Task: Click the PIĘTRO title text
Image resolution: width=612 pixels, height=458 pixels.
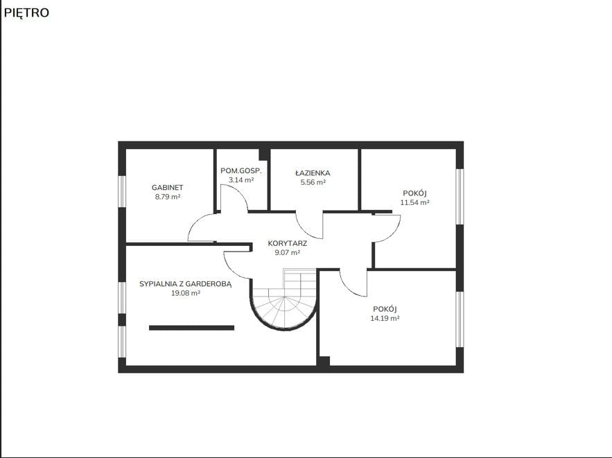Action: pyautogui.click(x=26, y=13)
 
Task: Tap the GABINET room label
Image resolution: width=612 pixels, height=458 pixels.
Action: pyautogui.click(x=168, y=188)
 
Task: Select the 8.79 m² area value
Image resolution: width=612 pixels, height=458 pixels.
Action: pyautogui.click(x=168, y=197)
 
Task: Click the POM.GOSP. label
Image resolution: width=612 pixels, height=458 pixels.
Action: pyautogui.click(x=241, y=171)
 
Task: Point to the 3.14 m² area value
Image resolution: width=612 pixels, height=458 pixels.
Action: pyautogui.click(x=241, y=180)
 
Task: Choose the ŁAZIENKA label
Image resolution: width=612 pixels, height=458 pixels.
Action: pyautogui.click(x=313, y=173)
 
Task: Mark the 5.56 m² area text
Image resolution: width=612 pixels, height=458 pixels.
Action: pyautogui.click(x=313, y=182)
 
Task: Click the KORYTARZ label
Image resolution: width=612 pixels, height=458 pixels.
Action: pyautogui.click(x=288, y=243)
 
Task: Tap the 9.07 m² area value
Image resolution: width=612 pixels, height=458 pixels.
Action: pyautogui.click(x=288, y=252)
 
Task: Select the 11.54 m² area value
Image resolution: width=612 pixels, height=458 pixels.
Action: pyautogui.click(x=415, y=202)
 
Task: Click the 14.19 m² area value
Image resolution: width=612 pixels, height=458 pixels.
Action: pyautogui.click(x=385, y=318)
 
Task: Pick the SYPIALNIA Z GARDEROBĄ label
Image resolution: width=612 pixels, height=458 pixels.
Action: pyautogui.click(x=185, y=284)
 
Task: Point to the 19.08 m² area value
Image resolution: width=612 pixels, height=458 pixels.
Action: pyautogui.click(x=186, y=293)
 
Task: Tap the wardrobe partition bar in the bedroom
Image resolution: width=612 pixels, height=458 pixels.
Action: pyautogui.click(x=192, y=328)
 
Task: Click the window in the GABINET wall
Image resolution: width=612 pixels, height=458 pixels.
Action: pyautogui.click(x=122, y=191)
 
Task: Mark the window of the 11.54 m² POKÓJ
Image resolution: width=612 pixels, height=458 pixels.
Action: pyautogui.click(x=460, y=196)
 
